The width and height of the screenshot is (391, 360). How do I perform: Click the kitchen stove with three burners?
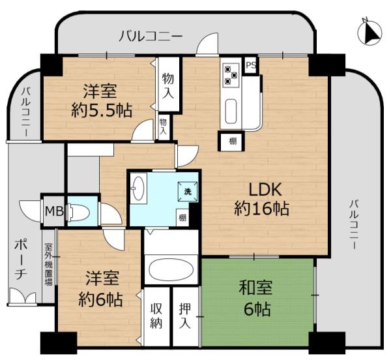click(231, 74)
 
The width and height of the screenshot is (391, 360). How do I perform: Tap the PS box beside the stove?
click(251, 65)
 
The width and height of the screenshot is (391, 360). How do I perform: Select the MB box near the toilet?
click(52, 211)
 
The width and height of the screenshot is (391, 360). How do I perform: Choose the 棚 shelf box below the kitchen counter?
click(232, 140)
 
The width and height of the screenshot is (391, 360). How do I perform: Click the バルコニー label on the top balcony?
click(150, 36)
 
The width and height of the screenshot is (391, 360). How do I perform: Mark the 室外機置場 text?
click(49, 267)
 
